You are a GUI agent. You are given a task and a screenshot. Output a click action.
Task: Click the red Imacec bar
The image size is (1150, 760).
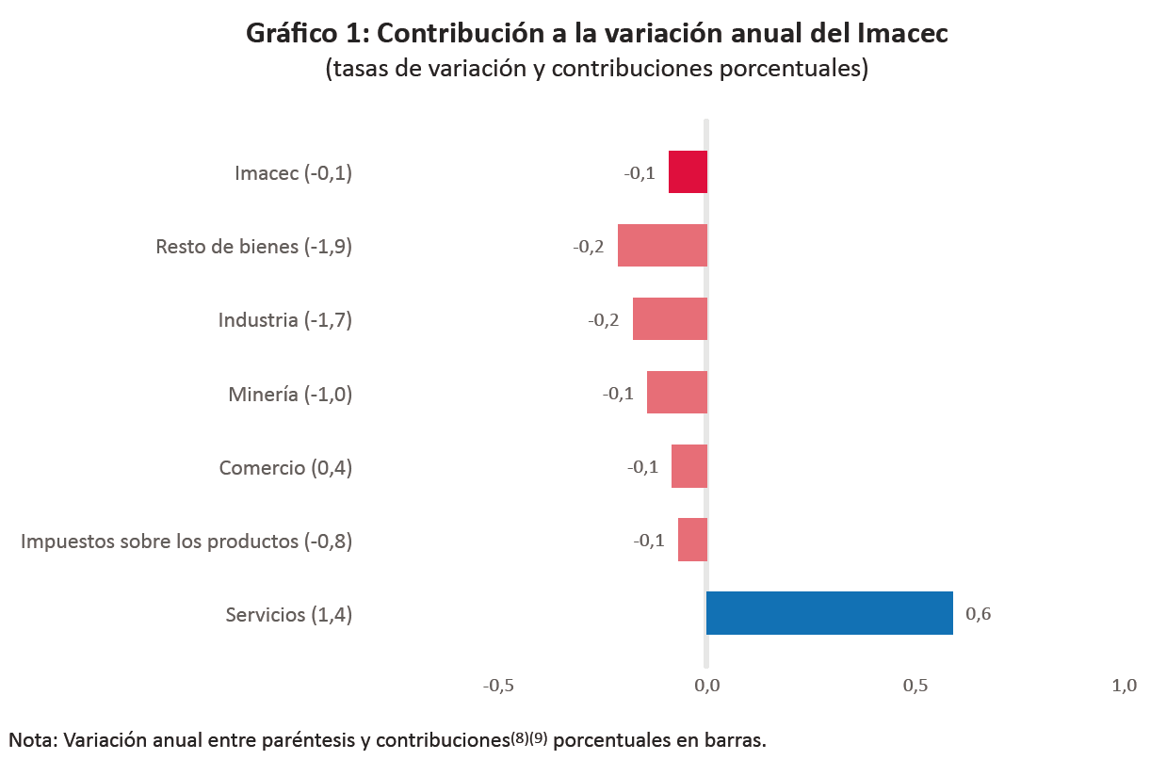688,171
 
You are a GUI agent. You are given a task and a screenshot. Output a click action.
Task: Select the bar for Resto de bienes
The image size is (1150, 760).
662,245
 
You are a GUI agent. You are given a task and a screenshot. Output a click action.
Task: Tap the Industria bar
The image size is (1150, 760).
670,318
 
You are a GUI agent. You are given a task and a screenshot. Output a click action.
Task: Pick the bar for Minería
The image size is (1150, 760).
676,393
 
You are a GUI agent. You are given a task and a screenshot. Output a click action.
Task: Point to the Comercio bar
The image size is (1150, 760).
689,466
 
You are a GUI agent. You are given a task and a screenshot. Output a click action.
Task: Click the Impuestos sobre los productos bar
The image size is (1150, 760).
692,540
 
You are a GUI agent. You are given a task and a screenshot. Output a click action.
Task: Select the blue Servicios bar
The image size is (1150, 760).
829,613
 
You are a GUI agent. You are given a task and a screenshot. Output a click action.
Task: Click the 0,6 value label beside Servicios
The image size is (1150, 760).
979,615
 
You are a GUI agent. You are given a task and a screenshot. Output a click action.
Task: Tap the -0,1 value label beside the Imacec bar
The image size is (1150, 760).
640,173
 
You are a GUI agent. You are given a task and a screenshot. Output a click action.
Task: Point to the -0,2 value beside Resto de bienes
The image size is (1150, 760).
589,247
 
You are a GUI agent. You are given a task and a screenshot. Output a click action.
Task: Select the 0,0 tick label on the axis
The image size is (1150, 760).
706,686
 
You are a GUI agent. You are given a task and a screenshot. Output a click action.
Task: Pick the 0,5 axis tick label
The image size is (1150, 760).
915,686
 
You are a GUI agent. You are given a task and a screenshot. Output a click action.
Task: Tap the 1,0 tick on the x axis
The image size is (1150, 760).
1124,686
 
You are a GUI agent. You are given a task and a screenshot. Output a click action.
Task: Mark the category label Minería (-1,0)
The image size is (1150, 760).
290,394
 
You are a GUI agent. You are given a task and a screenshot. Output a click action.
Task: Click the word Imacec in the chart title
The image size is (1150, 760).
902,34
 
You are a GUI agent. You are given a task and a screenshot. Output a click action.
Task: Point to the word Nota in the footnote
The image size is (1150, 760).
30,740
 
